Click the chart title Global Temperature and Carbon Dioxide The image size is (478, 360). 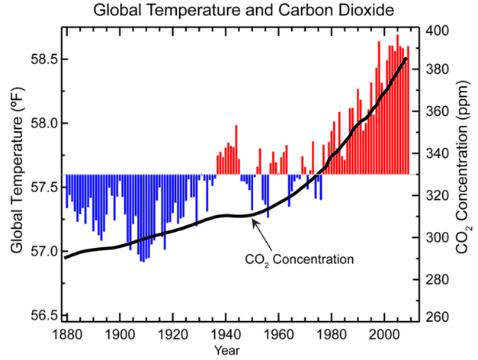tap(239, 11)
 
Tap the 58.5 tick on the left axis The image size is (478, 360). tap(43, 59)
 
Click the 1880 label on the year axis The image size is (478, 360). tap(66, 336)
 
